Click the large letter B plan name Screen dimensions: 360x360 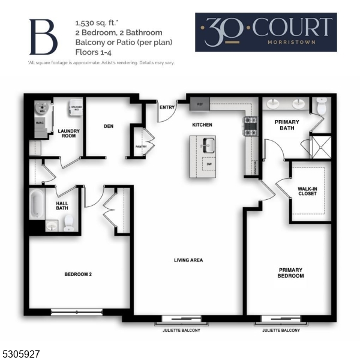[43, 37]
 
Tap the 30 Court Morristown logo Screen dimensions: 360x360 [266, 32]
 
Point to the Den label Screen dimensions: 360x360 [109, 126]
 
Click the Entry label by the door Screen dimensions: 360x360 [166, 108]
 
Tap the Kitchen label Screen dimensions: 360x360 [202, 125]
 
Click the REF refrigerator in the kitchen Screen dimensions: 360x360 [199, 104]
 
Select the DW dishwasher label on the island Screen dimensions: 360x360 [208, 164]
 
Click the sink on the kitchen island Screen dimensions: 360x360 [208, 145]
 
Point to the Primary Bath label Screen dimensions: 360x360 [287, 125]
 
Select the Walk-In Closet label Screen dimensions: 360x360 [308, 192]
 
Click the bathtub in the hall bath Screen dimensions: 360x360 [37, 204]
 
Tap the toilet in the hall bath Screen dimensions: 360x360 [68, 222]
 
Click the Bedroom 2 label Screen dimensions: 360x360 [78, 274]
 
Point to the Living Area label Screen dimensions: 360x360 [188, 260]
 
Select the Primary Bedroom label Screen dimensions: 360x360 [290, 272]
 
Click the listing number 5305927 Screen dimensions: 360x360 [22, 355]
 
